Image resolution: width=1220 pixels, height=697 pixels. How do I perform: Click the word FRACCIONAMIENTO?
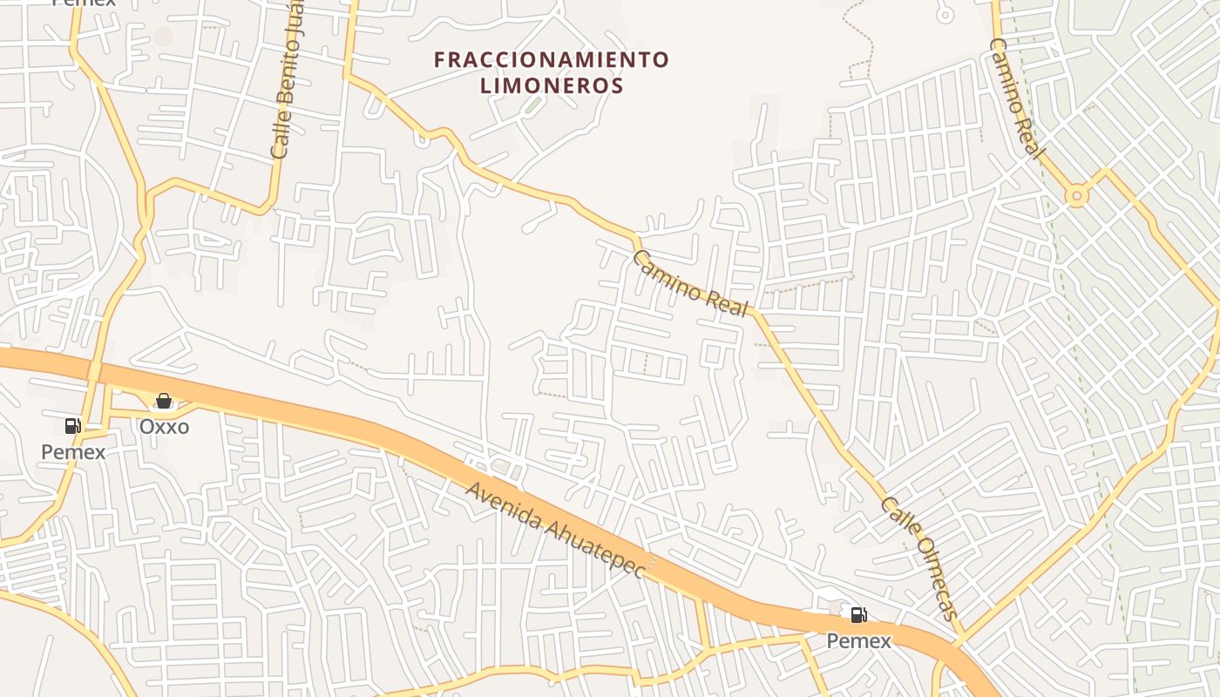pyautogui.click(x=552, y=60)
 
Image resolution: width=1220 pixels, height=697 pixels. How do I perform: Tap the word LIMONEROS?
pyautogui.click(x=552, y=85)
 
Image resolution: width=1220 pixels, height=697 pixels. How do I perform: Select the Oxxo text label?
pyautogui.click(x=165, y=427)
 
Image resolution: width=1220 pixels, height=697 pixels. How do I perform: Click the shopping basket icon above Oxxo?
pyautogui.click(x=163, y=401)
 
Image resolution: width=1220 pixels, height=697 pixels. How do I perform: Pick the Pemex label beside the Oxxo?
pyautogui.click(x=73, y=451)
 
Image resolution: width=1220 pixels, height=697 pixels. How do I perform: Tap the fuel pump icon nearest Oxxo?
pyautogui.click(x=73, y=426)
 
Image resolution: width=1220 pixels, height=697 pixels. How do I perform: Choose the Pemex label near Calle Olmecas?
pyautogui.click(x=858, y=641)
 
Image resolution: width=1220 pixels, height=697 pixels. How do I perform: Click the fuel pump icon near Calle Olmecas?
pyautogui.click(x=859, y=615)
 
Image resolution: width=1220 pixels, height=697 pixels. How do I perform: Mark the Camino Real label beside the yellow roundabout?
pyautogui.click(x=1016, y=98)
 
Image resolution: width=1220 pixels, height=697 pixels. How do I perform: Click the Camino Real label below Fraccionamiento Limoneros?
pyautogui.click(x=690, y=283)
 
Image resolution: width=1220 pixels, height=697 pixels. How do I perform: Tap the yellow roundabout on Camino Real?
pyautogui.click(x=1078, y=196)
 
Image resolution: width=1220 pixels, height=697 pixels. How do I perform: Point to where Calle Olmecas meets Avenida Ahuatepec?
pyautogui.click(x=959, y=643)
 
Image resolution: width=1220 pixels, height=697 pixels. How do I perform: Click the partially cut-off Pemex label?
pyautogui.click(x=84, y=3)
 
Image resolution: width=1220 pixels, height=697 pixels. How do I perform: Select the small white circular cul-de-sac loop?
pyautogui.click(x=945, y=14)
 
